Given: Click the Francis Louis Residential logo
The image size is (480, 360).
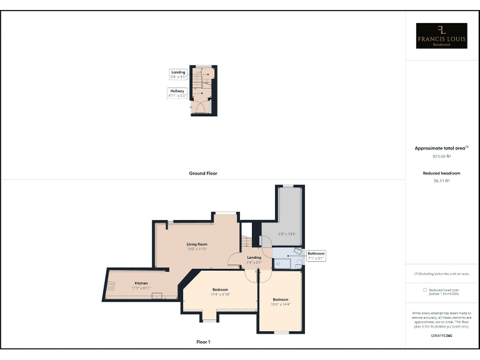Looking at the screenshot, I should tap(442, 36).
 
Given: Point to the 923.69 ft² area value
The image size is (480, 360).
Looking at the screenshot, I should tap(442, 156).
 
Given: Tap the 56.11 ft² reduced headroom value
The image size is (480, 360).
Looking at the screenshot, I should tap(442, 181).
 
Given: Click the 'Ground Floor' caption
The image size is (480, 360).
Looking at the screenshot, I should tap(203, 173).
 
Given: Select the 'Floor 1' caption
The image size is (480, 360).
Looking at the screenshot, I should tap(203, 342).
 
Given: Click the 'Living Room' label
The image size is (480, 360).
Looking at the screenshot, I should tap(197, 244).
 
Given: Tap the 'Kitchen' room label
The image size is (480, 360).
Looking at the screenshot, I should tap(142, 283).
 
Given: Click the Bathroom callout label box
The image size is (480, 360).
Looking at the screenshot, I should tap(316, 256).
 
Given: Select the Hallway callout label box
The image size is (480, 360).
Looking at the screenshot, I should tap(177, 94).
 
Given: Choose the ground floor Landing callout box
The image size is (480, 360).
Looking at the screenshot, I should tap(178, 74).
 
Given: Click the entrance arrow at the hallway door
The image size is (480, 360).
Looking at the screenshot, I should tap(190, 107).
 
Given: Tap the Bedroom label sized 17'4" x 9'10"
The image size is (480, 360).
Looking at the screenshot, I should tap(220, 292).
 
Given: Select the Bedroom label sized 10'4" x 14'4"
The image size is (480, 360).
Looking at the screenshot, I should tap(281, 301).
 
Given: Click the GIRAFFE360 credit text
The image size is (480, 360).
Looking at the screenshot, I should tap(442, 336).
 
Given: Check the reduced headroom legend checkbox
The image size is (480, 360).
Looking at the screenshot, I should tap(425, 290).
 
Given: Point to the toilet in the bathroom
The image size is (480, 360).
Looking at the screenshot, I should tap(297, 251).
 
